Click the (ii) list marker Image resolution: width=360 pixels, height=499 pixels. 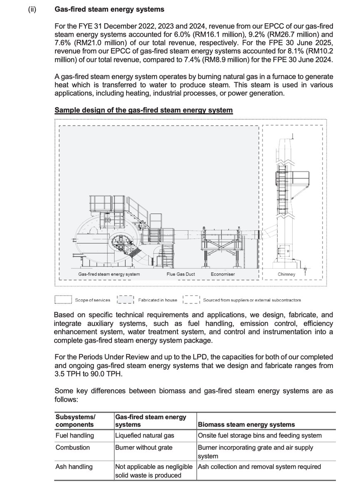pyautogui.click(x=32, y=9)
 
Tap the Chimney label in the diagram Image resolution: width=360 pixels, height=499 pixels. pyautogui.click(x=286, y=274)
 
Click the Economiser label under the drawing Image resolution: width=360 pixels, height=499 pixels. pyautogui.click(x=223, y=274)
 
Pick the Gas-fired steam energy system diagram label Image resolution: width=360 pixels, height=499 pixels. pyautogui.click(x=109, y=274)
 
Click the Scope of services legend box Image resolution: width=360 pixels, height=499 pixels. pyautogui.click(x=64, y=300)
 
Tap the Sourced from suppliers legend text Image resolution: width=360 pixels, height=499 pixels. pyautogui.click(x=252, y=300)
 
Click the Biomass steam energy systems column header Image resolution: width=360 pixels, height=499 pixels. pyautogui.click(x=246, y=425)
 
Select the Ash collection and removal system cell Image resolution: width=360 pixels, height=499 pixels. pyautogui.click(x=259, y=467)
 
